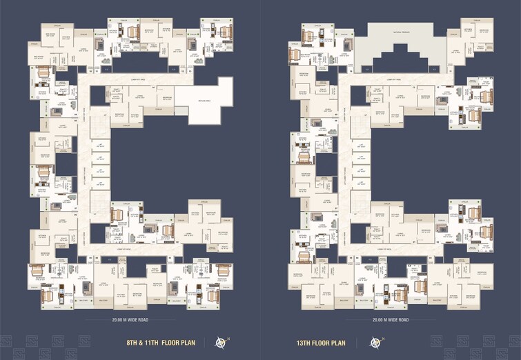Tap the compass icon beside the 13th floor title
(x=375, y=341)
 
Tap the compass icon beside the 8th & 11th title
(x=222, y=341)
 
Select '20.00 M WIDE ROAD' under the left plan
(x=129, y=320)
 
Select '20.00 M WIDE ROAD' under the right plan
(x=391, y=320)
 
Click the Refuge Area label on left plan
(x=205, y=101)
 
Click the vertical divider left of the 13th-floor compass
(x=357, y=341)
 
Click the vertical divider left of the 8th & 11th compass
(x=204, y=341)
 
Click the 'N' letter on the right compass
(x=382, y=337)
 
